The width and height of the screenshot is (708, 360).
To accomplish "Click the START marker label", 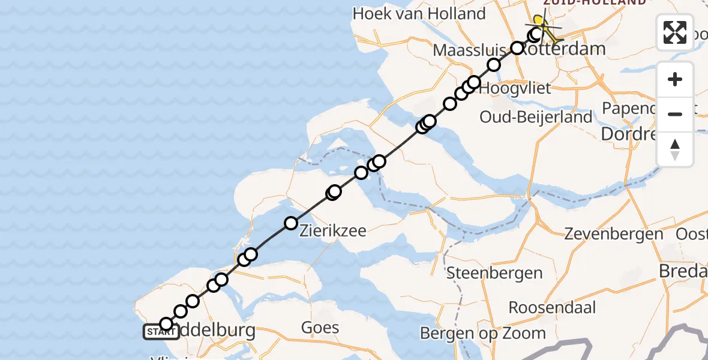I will [x=161, y=332].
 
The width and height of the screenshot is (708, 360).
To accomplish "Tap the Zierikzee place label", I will [x=332, y=230].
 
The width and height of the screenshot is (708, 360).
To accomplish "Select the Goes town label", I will [x=320, y=328].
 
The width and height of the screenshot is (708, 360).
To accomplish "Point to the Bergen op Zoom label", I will [x=483, y=334].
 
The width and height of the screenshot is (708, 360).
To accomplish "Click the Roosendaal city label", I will [x=553, y=308].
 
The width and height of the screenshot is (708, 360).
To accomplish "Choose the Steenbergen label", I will [x=494, y=274].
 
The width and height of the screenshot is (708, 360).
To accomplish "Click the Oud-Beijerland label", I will [x=536, y=117].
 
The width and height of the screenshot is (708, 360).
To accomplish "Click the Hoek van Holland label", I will [x=419, y=14].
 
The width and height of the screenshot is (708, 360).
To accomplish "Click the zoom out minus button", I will [x=675, y=115].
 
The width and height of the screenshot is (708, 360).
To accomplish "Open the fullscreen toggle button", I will [x=675, y=32].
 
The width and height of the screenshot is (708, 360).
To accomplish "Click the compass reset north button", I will [x=675, y=149].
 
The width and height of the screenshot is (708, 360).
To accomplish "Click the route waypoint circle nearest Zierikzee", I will [x=291, y=223].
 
